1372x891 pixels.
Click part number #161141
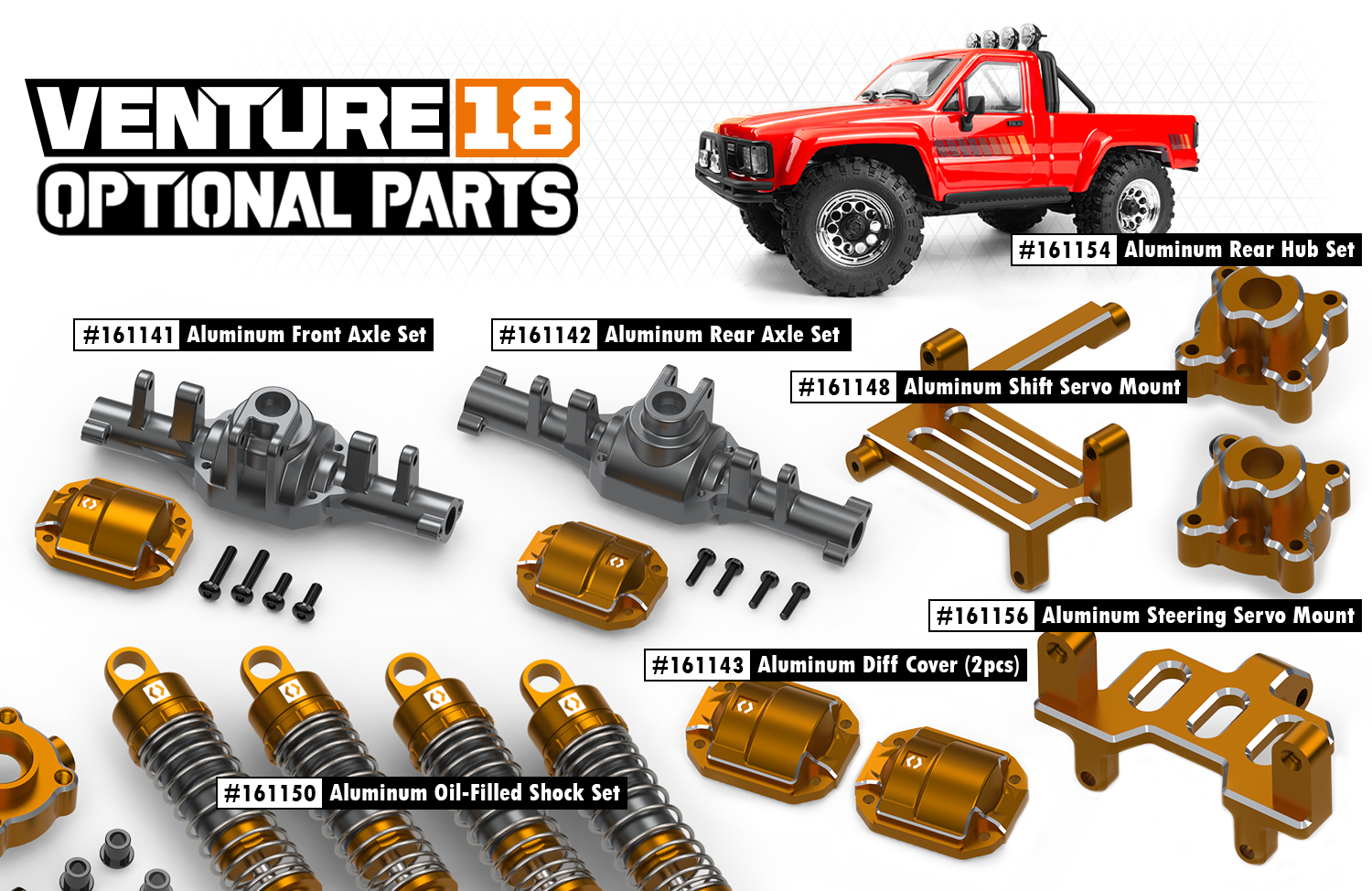click(x=127, y=335)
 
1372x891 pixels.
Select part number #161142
click(x=544, y=335)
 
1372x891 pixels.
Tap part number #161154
click(x=1065, y=250)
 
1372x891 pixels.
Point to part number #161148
click(x=844, y=387)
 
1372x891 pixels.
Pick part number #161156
click(x=982, y=616)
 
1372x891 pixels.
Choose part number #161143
click(x=698, y=665)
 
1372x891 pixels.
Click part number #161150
click(x=270, y=793)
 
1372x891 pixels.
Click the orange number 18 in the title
click(x=518, y=117)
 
